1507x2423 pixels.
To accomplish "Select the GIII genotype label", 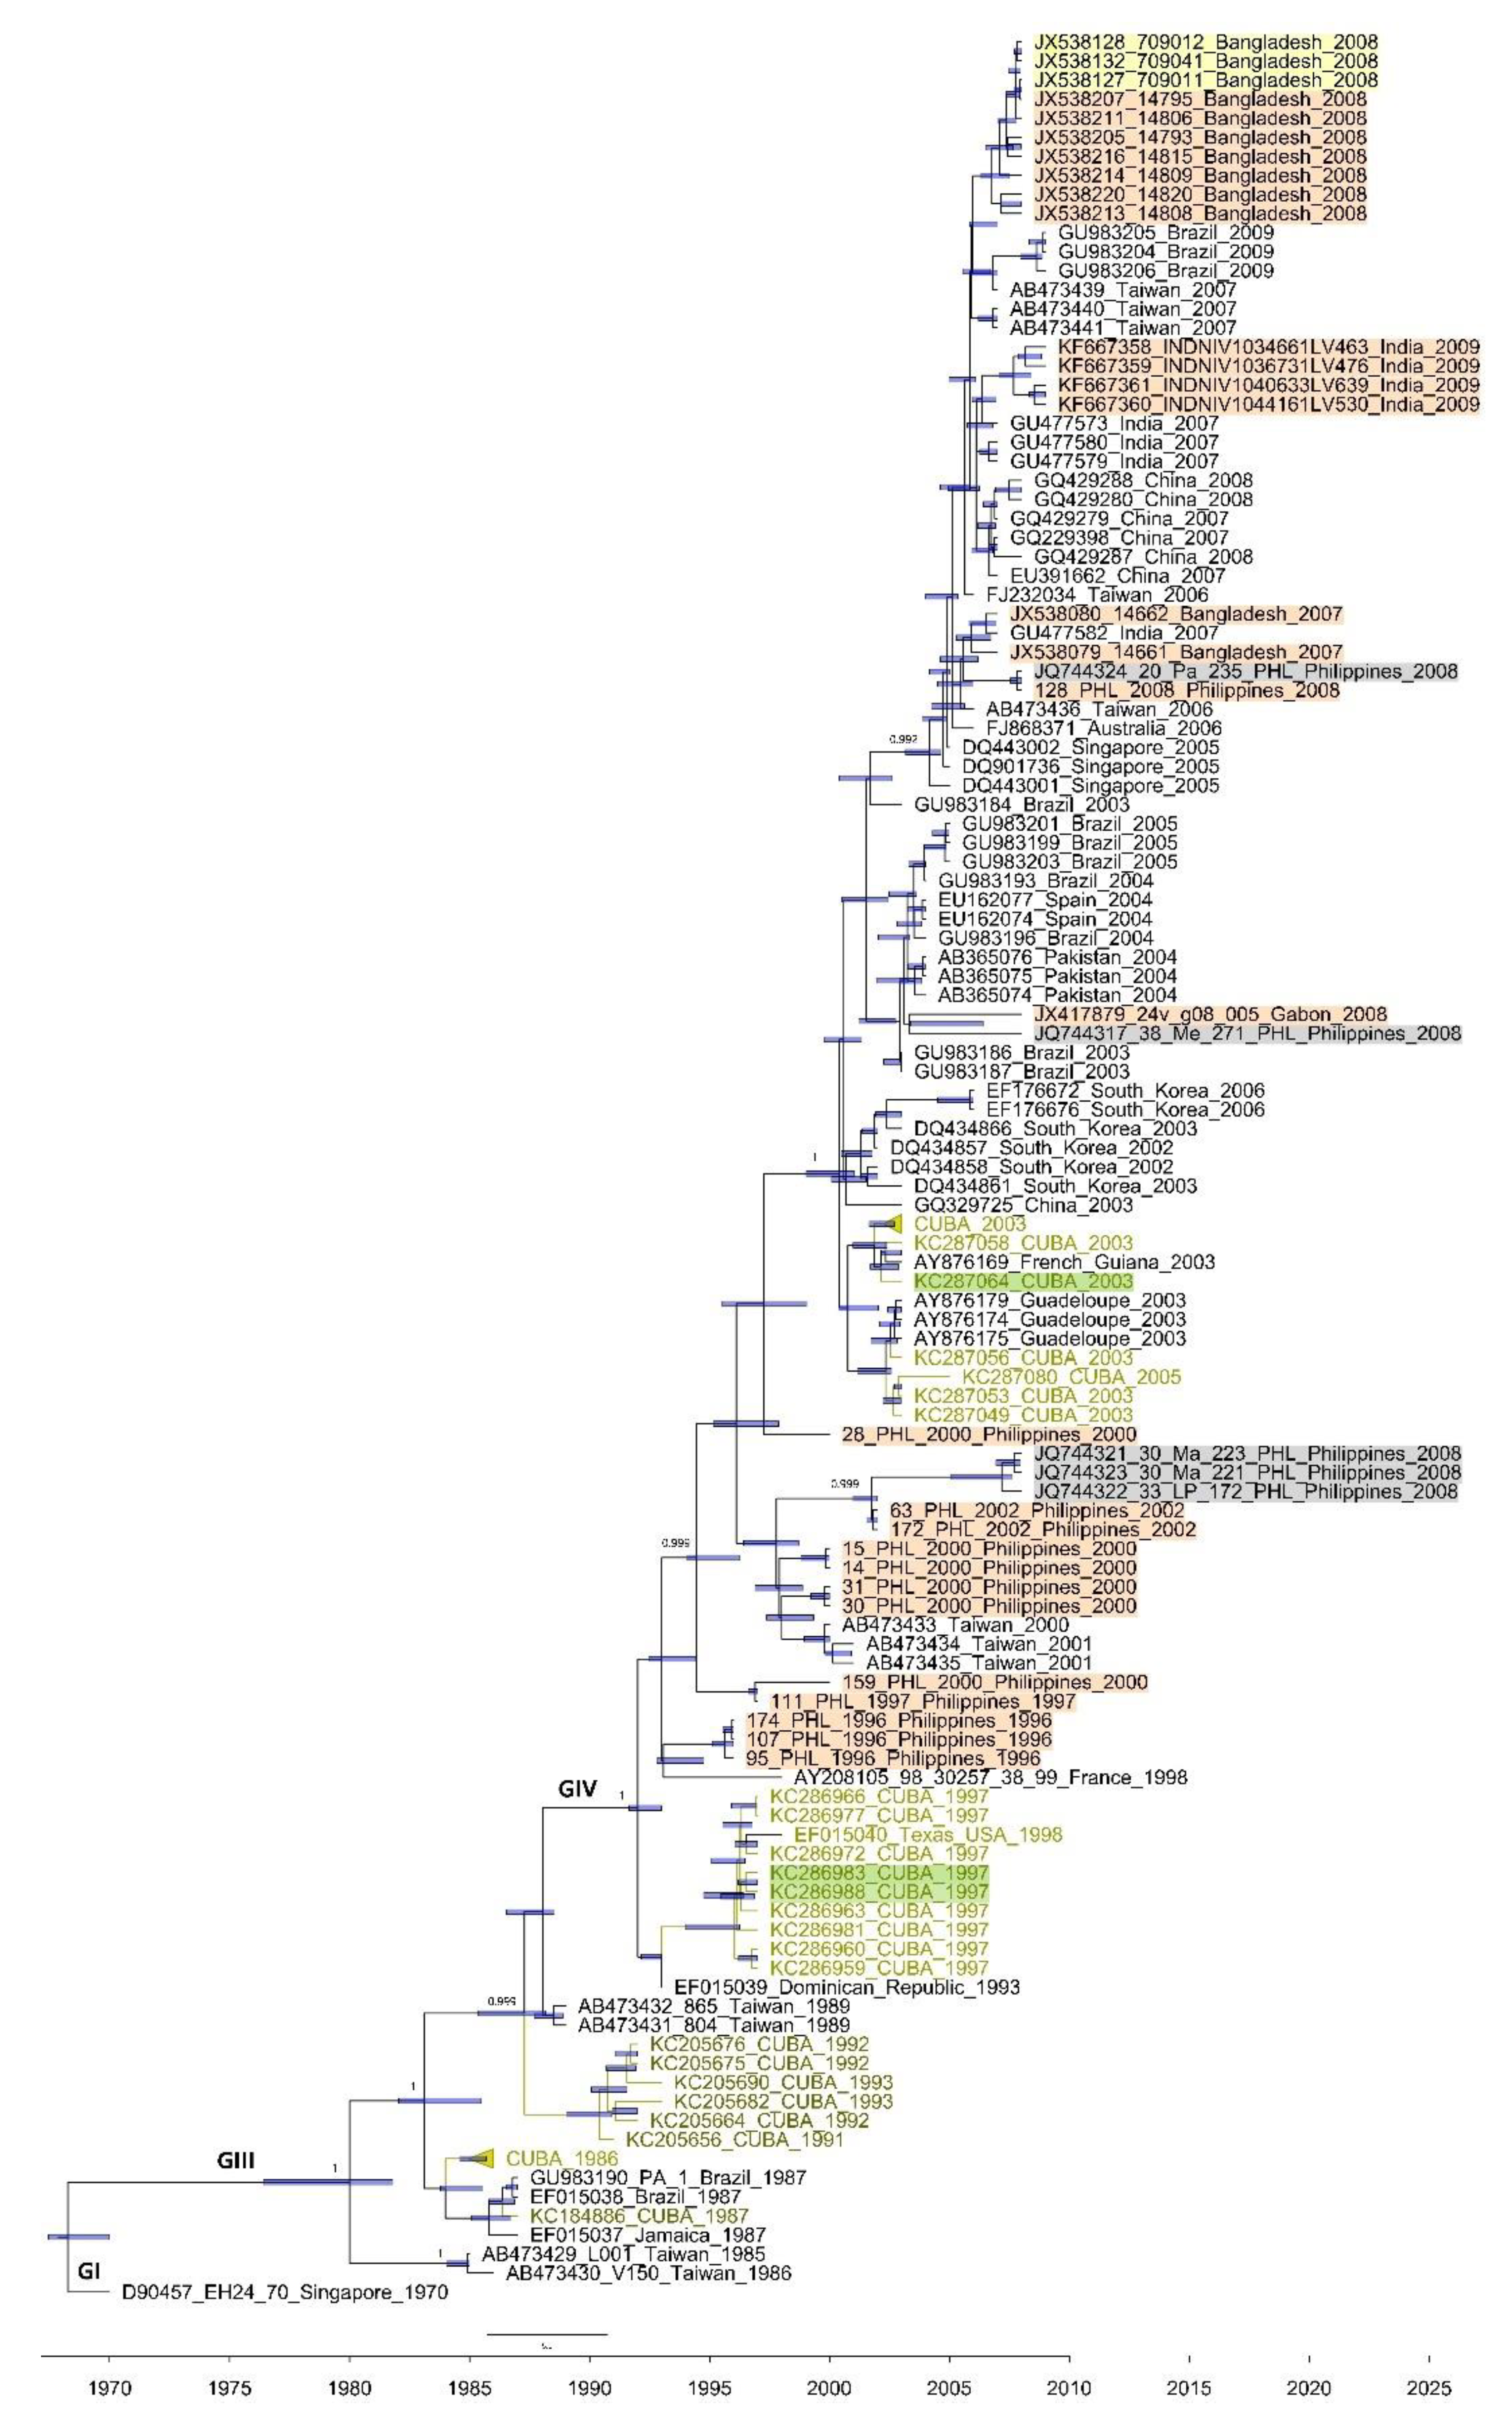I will (x=236, y=2161).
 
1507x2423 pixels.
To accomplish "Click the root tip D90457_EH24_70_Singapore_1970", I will (x=285, y=2292).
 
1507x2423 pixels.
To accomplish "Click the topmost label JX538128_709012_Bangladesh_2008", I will (x=1206, y=42).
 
